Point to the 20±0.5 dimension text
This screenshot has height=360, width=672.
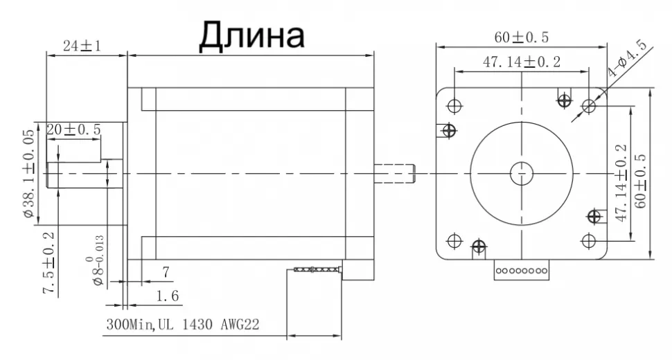tap(73, 129)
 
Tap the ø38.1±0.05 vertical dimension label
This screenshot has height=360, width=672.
tap(28, 173)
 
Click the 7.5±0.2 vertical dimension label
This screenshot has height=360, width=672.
tap(48, 264)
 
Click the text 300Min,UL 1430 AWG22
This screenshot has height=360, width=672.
tap(182, 324)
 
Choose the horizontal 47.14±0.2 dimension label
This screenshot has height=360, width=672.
tap(522, 62)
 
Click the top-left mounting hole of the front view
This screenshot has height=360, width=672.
tap(454, 105)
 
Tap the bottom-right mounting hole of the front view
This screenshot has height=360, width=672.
tap(590, 240)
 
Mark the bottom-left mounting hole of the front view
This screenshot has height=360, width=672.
tap(454, 240)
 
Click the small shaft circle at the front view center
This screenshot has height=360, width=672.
tap(522, 172)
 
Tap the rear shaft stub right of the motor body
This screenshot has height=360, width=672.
tap(394, 173)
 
